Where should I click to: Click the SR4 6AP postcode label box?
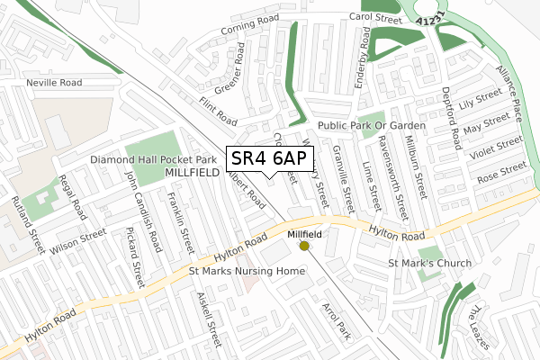click(x=270, y=159)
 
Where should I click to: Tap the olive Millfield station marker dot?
click(x=304, y=245)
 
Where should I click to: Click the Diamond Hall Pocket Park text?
click(x=152, y=158)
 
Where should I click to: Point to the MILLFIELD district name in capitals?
click(x=193, y=171)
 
